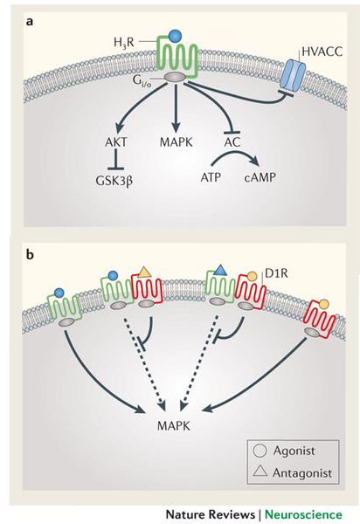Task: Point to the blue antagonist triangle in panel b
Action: click(x=222, y=272)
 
